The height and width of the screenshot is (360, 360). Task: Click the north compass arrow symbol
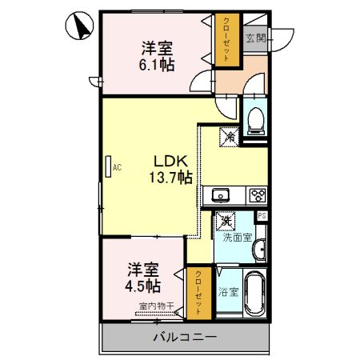click(x=81, y=26)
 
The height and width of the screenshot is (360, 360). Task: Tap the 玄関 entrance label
click(x=255, y=38)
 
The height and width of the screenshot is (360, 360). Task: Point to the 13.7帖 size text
click(x=169, y=177)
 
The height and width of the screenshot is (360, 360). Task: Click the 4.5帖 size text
click(x=142, y=286)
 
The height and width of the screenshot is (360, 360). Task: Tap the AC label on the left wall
click(x=117, y=167)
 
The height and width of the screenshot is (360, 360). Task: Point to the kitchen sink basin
click(x=220, y=194)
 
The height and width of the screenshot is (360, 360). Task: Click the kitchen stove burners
click(x=258, y=194)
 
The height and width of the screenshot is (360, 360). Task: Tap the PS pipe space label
click(x=261, y=216)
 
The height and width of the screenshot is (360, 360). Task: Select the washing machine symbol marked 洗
click(x=226, y=220)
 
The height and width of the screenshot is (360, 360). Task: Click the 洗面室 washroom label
click(x=237, y=238)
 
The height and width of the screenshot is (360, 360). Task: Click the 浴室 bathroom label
click(x=229, y=291)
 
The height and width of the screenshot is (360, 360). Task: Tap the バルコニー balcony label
click(x=185, y=337)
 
